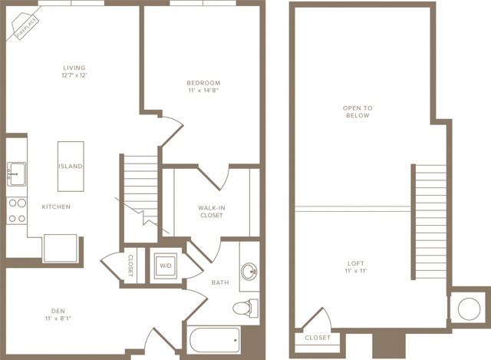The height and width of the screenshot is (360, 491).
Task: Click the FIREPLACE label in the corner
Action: click(27, 28)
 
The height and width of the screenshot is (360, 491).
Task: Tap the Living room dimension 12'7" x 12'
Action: click(74, 75)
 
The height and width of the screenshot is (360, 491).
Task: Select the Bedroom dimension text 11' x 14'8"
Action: click(203, 91)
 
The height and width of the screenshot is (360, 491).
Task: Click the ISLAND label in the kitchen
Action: click(71, 166)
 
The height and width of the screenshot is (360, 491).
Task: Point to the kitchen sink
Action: click(16, 174)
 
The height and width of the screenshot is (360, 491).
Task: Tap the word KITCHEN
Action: click(56, 206)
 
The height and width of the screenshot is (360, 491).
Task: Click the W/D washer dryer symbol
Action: click(166, 266)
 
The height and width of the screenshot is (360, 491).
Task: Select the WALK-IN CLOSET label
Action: click(212, 212)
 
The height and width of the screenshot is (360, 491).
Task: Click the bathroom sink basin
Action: click(249, 271)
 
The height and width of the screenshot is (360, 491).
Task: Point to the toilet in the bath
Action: click(245, 308)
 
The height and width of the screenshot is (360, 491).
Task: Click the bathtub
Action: click(215, 340)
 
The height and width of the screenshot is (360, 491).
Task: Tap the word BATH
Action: click(220, 282)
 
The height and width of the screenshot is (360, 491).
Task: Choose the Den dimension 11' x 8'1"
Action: click(58, 319)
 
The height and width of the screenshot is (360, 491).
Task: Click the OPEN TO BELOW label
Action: click(358, 112)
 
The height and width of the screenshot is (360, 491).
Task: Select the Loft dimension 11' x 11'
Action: click(356, 271)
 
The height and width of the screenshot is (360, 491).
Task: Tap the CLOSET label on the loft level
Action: click(318, 338)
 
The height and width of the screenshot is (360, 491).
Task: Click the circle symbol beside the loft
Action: click(469, 309)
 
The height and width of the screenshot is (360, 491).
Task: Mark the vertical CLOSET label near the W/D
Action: click(130, 266)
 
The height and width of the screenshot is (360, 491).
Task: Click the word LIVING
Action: click(74, 68)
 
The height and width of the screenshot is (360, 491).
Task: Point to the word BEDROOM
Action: click(203, 83)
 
